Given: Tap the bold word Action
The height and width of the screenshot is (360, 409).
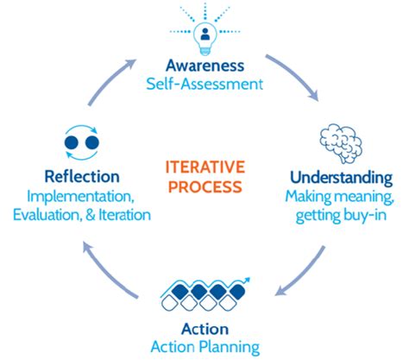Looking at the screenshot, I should click(x=205, y=329).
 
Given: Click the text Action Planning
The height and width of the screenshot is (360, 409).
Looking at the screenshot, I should click(x=205, y=348).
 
